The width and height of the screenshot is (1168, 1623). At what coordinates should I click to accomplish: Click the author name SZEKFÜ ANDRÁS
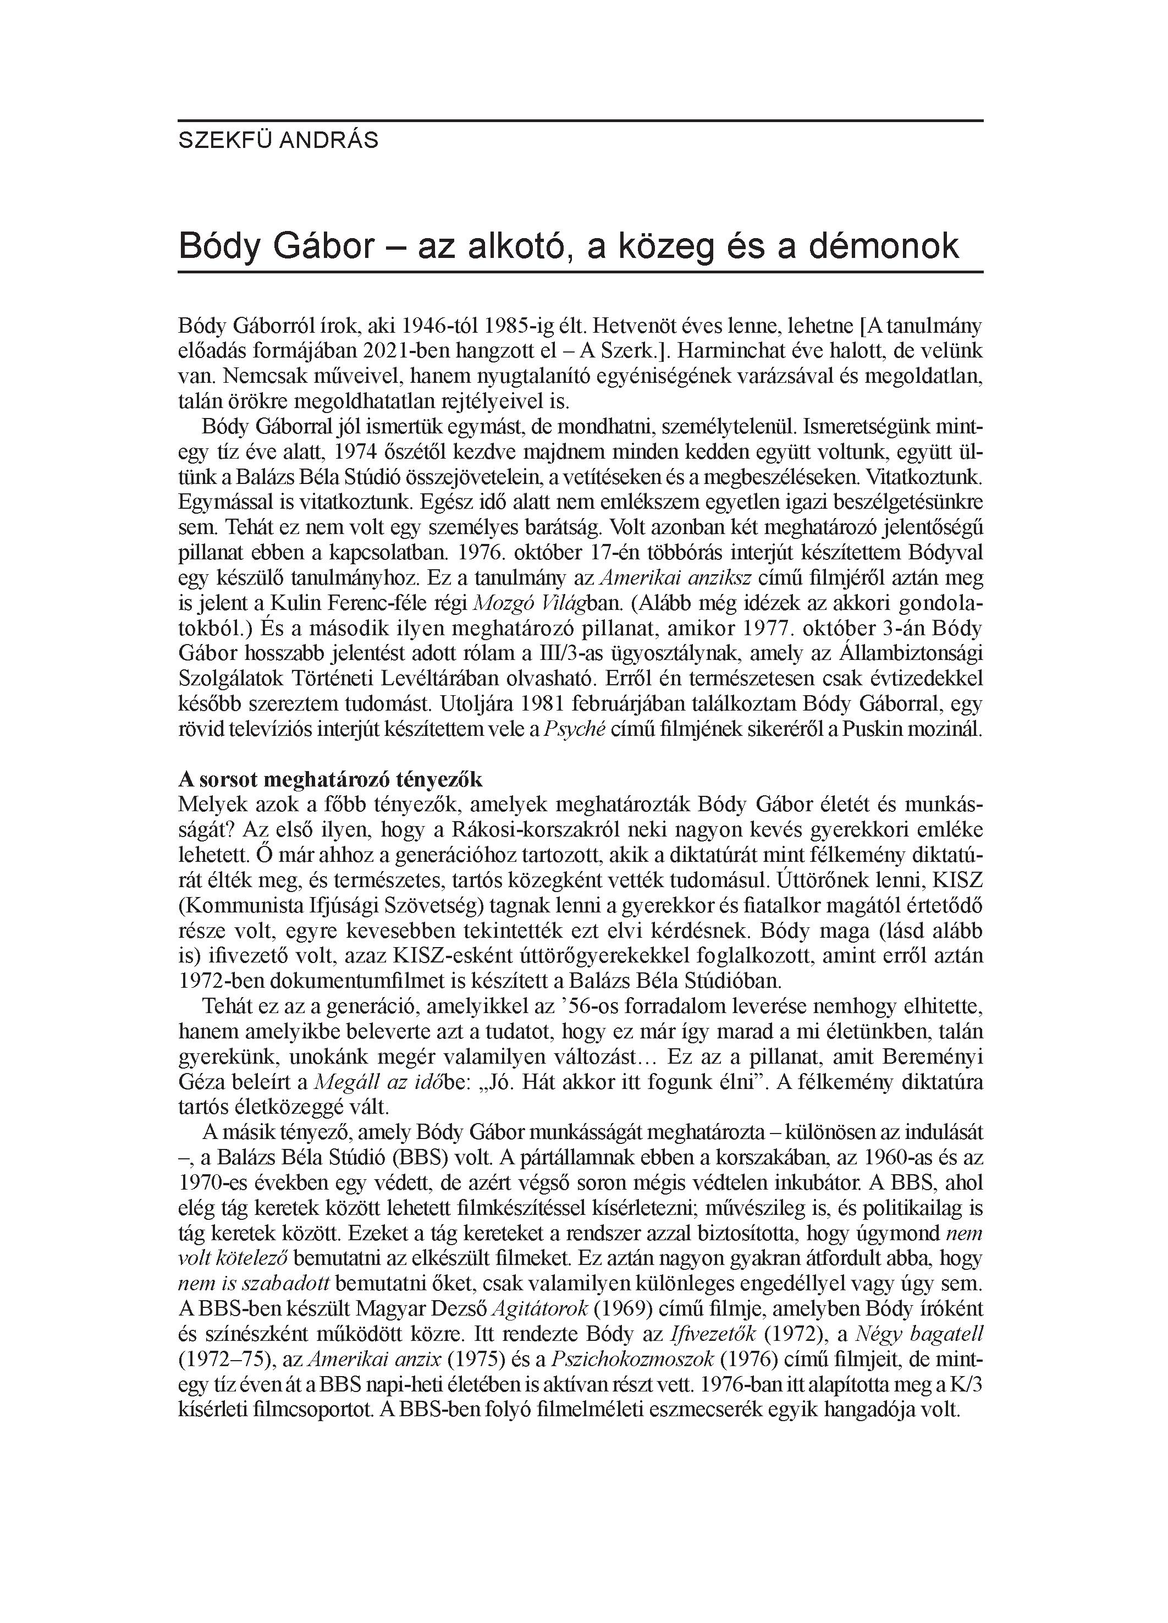coord(278,140)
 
